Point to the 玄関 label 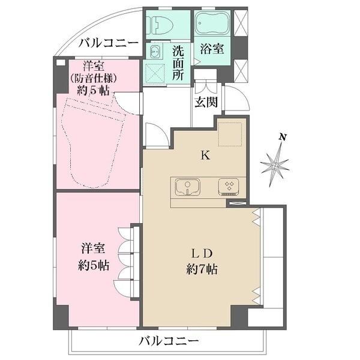pyautogui.click(x=206, y=101)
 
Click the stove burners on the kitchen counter pyautogui.click(x=230, y=187)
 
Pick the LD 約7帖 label pyautogui.click(x=202, y=260)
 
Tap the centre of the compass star pyautogui.click(x=275, y=163)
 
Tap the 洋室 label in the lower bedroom pyautogui.click(x=92, y=247)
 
